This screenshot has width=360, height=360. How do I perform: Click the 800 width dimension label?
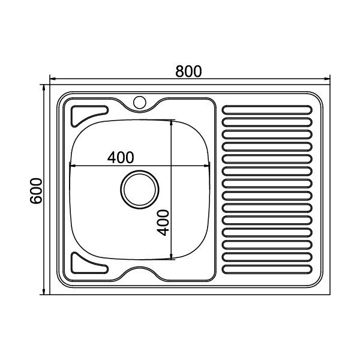188,71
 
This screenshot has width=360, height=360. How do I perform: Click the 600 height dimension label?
36,190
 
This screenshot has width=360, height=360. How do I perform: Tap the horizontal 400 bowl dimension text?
121,157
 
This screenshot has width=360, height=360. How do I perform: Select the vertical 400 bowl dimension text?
163,223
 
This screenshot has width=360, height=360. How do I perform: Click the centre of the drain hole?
140,190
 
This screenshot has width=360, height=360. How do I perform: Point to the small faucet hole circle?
140,102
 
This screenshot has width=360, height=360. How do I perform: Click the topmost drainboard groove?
268,110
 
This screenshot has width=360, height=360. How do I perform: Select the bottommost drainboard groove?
268,269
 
